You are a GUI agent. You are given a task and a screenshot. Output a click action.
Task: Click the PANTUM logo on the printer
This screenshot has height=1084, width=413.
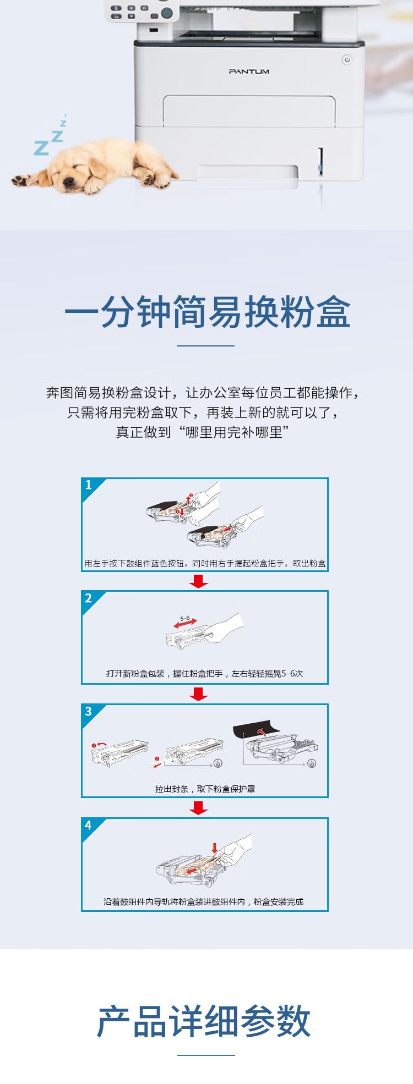point(249,71)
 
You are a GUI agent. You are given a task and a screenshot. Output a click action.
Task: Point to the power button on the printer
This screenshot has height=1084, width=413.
point(346,59)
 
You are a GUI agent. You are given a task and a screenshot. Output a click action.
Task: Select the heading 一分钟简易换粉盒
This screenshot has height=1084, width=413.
point(206,313)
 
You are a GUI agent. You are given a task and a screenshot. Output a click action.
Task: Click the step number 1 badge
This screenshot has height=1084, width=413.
point(89,485)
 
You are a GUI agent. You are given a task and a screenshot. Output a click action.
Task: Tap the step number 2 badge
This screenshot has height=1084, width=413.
point(89,598)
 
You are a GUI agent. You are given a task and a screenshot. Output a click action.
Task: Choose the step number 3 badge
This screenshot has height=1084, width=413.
point(89,712)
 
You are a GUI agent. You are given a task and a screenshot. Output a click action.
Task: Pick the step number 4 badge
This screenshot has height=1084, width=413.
point(89,825)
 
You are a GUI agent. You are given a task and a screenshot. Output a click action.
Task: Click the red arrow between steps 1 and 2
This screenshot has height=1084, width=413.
point(198,581)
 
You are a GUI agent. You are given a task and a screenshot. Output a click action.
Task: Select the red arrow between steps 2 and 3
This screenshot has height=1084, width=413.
point(198,695)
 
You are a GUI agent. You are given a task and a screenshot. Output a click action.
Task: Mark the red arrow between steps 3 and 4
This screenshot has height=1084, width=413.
point(198,808)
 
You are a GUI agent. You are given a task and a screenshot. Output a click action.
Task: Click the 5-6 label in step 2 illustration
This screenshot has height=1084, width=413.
point(184,618)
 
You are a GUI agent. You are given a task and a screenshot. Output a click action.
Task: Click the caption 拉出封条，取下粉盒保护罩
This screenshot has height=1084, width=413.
point(205,789)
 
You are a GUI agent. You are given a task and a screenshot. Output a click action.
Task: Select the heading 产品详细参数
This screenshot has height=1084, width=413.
point(204,1021)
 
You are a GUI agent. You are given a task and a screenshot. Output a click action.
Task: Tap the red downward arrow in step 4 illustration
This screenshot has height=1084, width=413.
point(214,848)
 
